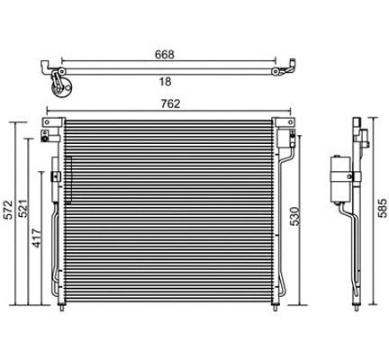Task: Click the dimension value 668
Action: click(x=163, y=53)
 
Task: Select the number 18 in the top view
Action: click(x=163, y=81)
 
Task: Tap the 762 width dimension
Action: click(x=171, y=103)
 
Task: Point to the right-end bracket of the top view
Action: click(x=290, y=68)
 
